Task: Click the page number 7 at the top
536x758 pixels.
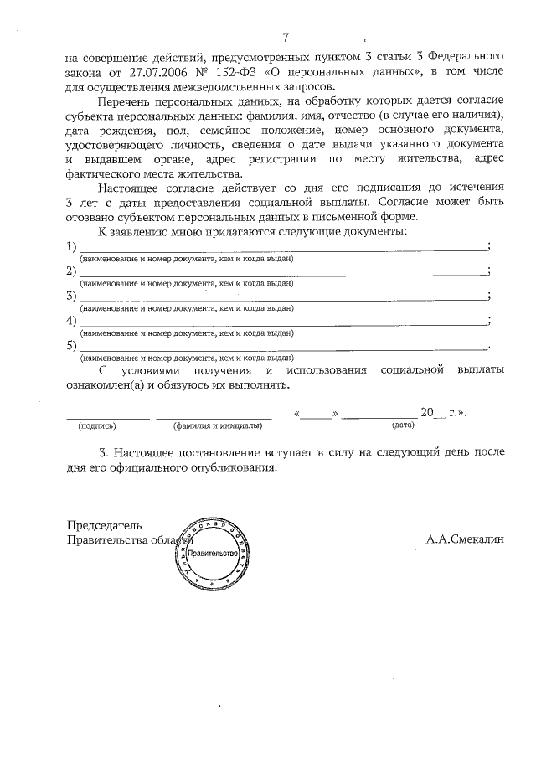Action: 286,38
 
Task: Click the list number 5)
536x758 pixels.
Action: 71,345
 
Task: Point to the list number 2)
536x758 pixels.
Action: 71,271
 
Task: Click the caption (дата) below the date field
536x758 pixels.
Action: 403,425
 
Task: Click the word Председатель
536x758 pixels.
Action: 104,525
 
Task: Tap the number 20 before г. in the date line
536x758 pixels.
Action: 428,412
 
